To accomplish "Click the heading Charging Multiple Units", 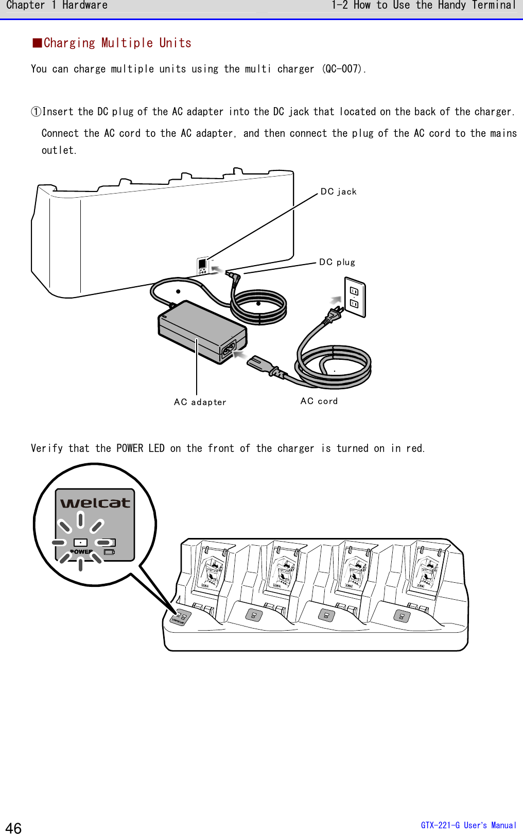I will pos(117,43).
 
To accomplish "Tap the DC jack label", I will pos(338,192).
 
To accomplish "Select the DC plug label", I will pos(337,262).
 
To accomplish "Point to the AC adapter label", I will pos(200,402).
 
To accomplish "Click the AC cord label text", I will pos(319,401).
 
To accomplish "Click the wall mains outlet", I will pos(355,298).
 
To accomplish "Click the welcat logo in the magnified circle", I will pos(95,503).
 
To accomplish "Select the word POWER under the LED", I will pos(81,551).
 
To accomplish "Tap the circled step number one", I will pos(36,112).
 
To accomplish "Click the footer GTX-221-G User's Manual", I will pos(468,825).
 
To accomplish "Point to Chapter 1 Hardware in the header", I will pos(57,6).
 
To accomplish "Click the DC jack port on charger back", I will pos(202,265).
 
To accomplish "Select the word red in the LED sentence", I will pos(414,448).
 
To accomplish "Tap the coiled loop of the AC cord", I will pos(334,367).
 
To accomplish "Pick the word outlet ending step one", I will pos(58,150).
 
